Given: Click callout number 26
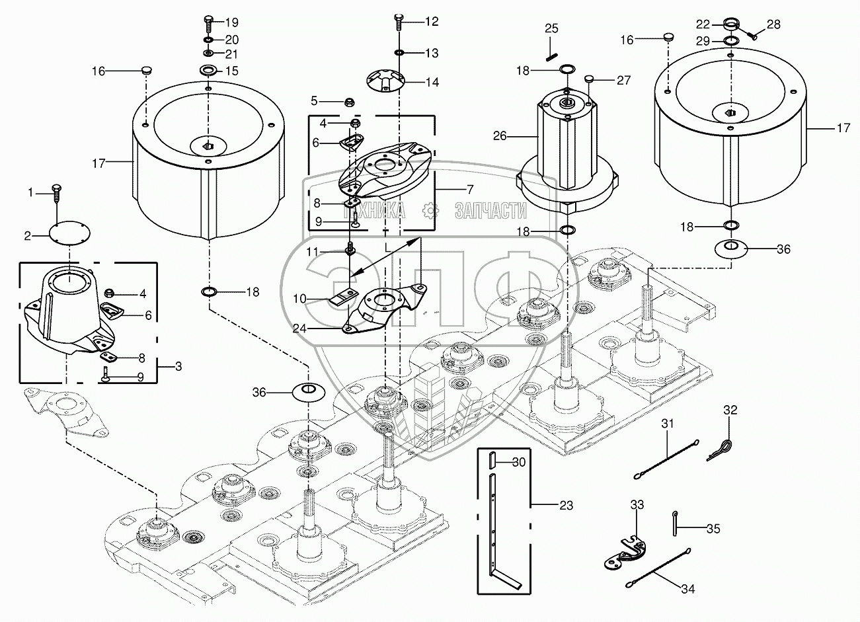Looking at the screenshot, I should pyautogui.click(x=500, y=136).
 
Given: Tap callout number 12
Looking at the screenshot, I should pyautogui.click(x=431, y=22).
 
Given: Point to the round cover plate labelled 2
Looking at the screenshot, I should pyautogui.click(x=69, y=235).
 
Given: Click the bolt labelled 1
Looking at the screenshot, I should pyautogui.click(x=57, y=194).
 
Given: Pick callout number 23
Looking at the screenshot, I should pyautogui.click(x=565, y=506).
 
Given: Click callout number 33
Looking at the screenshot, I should pyautogui.click(x=637, y=504).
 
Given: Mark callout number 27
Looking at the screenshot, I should pyautogui.click(x=623, y=81).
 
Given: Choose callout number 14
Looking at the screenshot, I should pyautogui.click(x=432, y=83).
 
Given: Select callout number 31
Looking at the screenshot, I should pyautogui.click(x=668, y=424).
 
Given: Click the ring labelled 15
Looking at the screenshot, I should pyautogui.click(x=208, y=71).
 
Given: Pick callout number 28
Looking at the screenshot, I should pyautogui.click(x=773, y=24).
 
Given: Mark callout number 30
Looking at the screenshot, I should pyautogui.click(x=519, y=462).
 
